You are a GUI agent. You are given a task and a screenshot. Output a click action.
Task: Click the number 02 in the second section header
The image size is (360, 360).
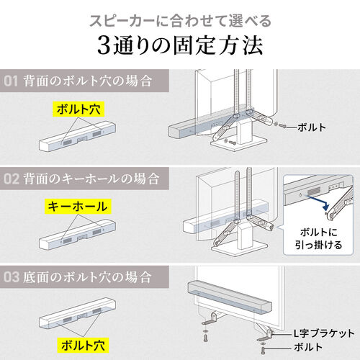click(x=13, y=176)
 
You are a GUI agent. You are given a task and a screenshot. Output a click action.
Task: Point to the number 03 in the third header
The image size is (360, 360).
click(x=13, y=276)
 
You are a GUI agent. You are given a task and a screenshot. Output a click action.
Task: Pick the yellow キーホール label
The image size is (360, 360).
click(x=78, y=207)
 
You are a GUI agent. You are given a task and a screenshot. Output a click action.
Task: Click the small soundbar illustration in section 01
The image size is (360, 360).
click(x=76, y=137)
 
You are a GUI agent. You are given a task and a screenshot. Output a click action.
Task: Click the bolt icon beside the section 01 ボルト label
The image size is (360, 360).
click(x=281, y=127)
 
